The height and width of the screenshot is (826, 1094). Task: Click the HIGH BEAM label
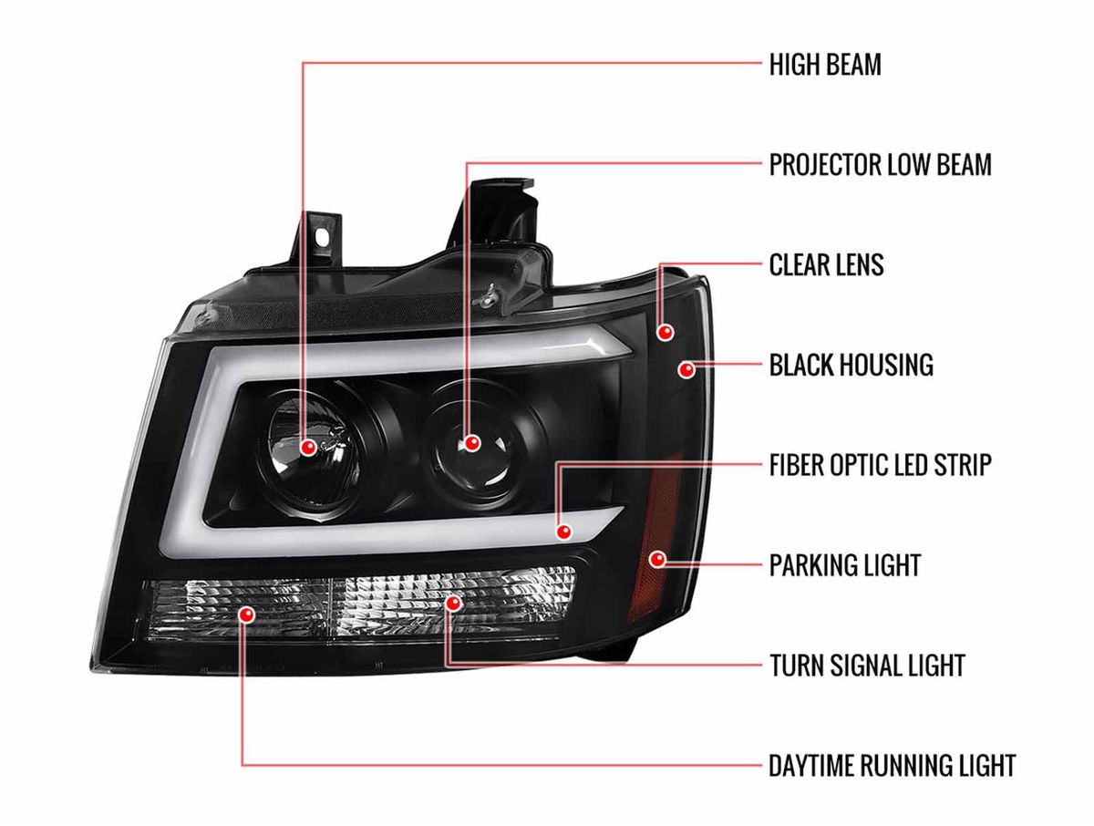(x=825, y=65)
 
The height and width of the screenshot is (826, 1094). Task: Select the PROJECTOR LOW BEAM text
(x=880, y=165)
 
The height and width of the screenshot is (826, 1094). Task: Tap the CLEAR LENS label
(x=826, y=265)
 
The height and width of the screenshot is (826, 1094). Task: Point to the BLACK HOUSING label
(x=851, y=366)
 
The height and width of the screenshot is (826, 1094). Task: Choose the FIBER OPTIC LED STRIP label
(x=880, y=465)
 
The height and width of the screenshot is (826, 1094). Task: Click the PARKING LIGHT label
(x=845, y=565)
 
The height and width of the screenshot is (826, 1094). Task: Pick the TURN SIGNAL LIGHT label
(x=867, y=666)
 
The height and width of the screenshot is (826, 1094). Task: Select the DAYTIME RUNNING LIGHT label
(x=893, y=766)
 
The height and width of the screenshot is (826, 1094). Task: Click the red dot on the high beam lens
(x=309, y=448)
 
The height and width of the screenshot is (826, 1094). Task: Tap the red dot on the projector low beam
(x=471, y=443)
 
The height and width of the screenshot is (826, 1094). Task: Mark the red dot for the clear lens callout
(x=666, y=332)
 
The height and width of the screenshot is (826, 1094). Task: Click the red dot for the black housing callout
(x=686, y=369)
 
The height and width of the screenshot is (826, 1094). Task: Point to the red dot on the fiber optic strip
(x=563, y=532)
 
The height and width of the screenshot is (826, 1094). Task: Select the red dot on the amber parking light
(x=658, y=559)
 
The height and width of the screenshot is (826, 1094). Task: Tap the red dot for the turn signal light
(x=453, y=604)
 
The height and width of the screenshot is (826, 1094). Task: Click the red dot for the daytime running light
(x=246, y=614)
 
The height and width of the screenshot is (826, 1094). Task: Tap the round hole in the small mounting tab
(x=324, y=238)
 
